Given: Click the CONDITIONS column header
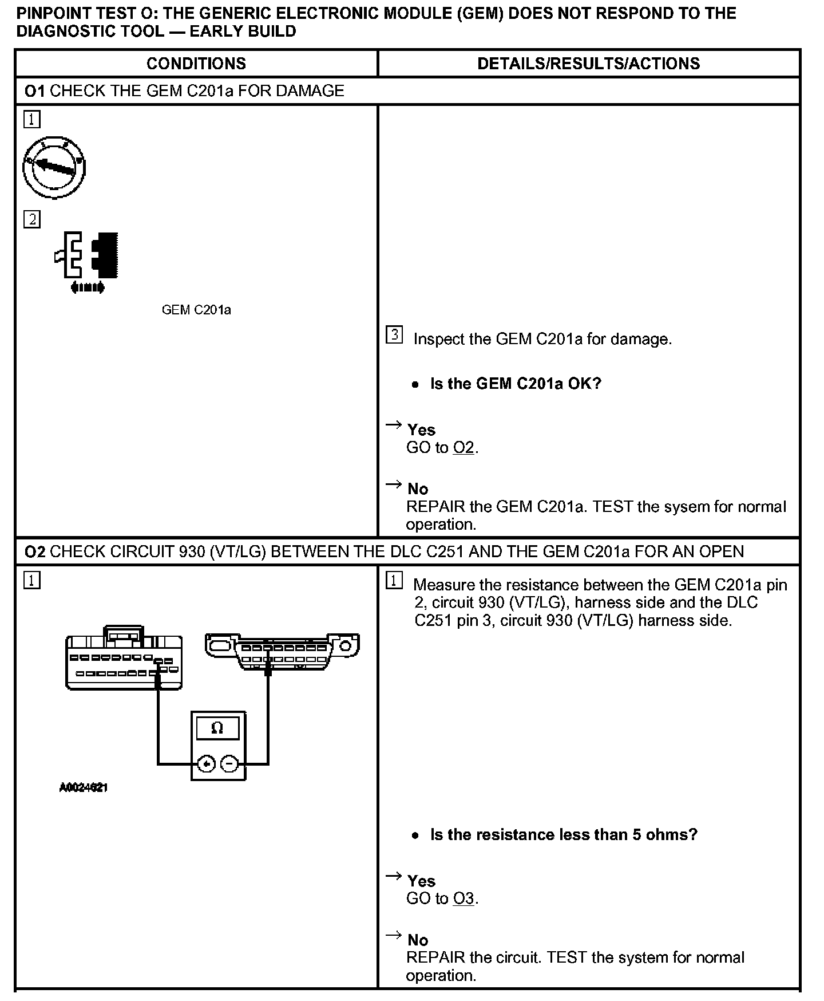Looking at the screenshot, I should pos(196,64).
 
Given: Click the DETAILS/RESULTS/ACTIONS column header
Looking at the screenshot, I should pos(588,64).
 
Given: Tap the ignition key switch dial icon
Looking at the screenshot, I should pos(54,167).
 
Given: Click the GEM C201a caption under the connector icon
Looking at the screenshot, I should pos(196,310).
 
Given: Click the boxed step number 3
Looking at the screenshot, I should pos(394,335).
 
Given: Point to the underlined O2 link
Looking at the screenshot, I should pos(463,447).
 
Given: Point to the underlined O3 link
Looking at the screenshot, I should pos(463,898).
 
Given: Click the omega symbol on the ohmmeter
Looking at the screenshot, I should pos(217,728).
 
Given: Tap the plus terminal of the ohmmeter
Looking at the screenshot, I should pos(206,764).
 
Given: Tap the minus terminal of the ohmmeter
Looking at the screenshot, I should pos(229,764).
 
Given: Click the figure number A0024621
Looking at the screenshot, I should pos(84,787).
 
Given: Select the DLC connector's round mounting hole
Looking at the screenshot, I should pos(346,647).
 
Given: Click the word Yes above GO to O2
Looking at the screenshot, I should pos(421,430).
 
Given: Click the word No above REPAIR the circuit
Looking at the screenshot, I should pos(418,940).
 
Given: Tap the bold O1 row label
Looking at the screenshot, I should pos(35,91).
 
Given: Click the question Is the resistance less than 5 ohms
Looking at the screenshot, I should pos(564,834).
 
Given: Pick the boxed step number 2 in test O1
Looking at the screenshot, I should pos(32,219).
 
